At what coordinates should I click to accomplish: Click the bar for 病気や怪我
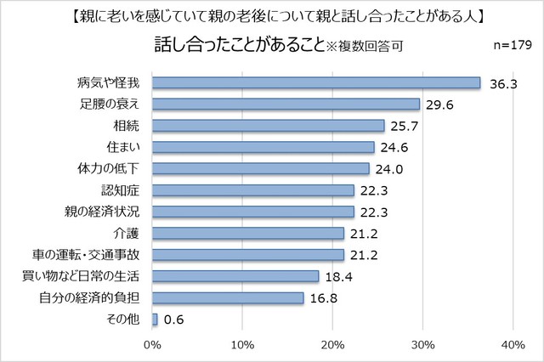point(316,82)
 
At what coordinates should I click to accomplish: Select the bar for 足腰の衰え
point(286,104)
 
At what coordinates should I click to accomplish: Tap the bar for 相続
point(269,126)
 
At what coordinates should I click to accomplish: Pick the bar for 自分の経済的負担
point(229,297)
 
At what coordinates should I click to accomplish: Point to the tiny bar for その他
point(156,320)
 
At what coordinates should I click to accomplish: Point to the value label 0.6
point(175,320)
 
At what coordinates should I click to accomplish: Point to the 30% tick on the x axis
point(422,344)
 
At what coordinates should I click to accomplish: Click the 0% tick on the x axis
point(153,344)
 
